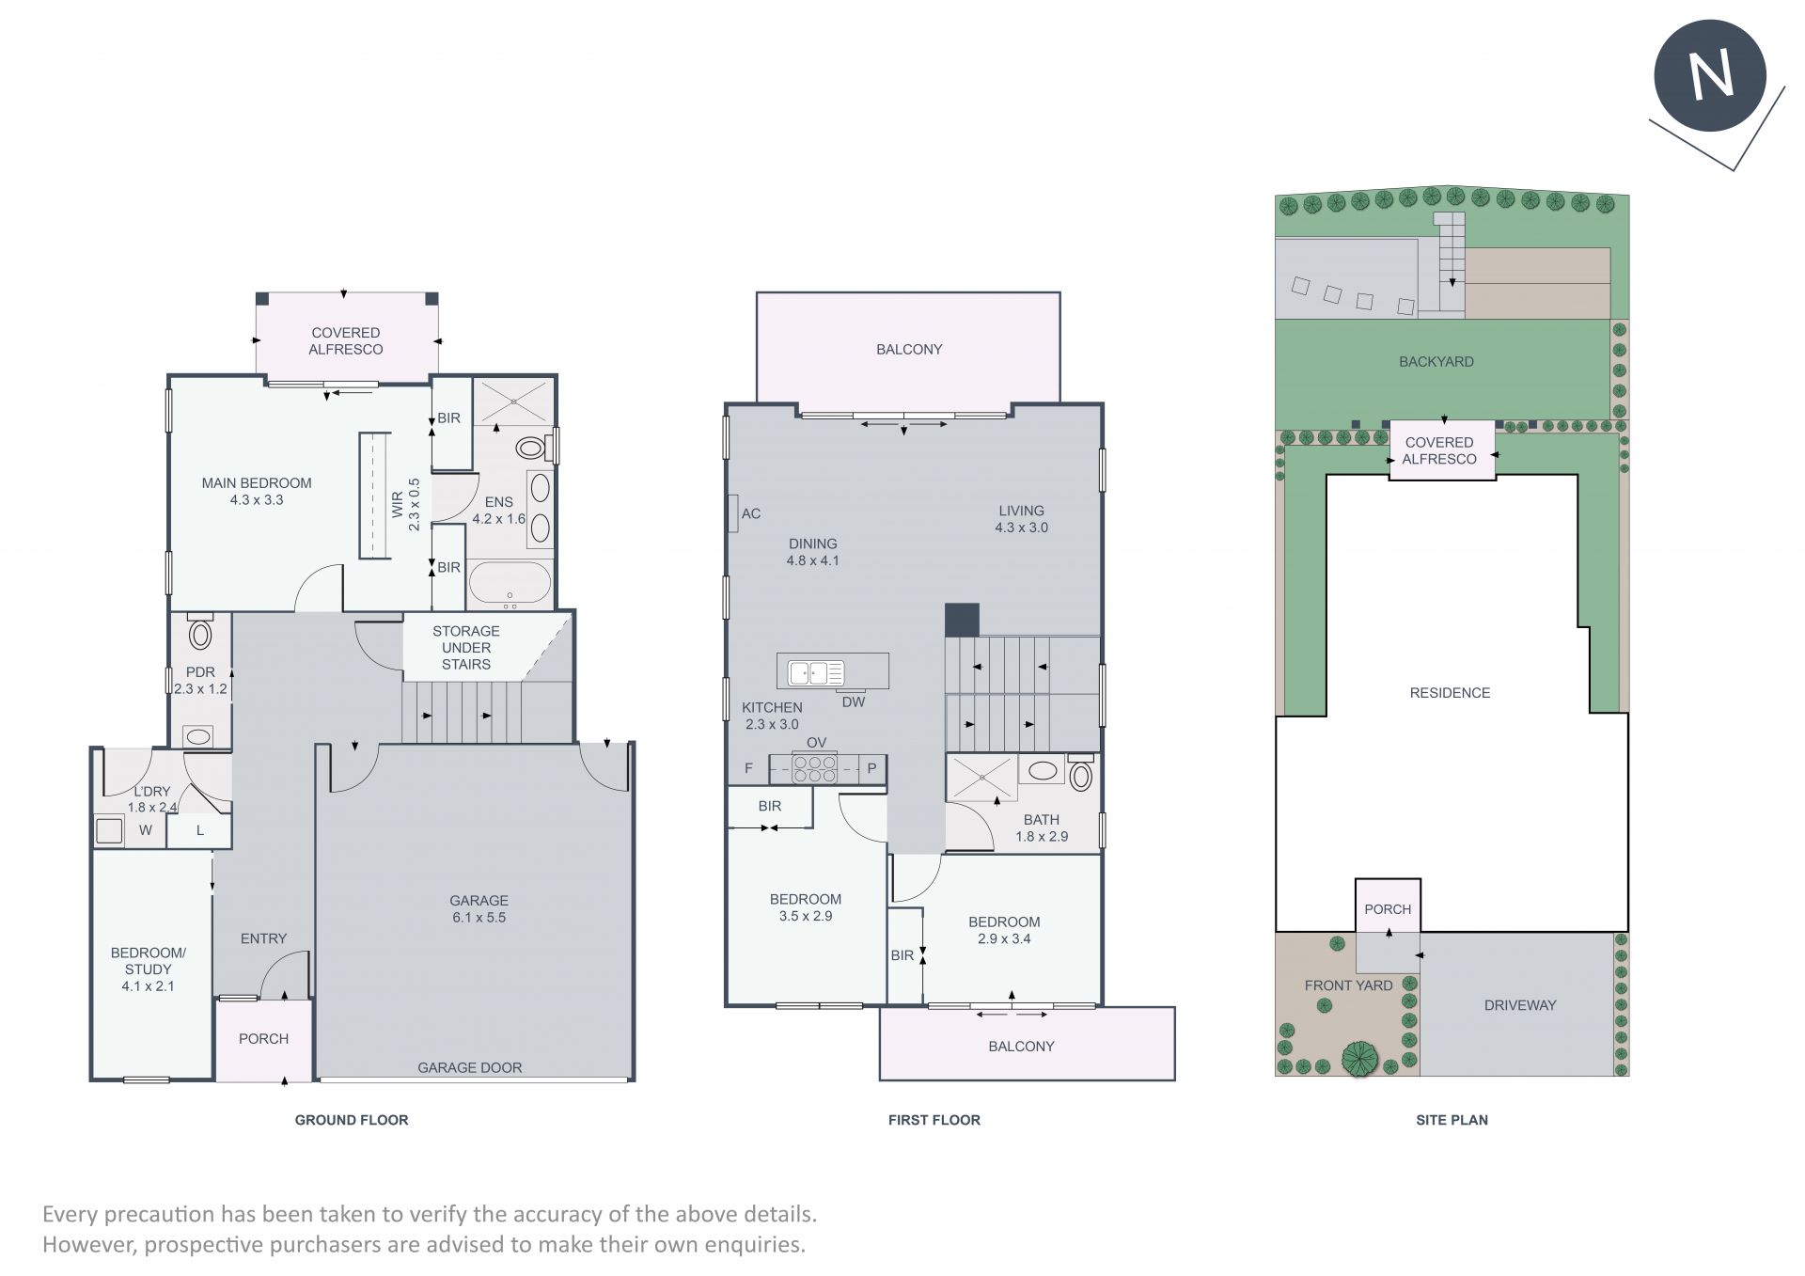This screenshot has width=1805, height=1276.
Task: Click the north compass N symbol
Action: pyautogui.click(x=1710, y=75)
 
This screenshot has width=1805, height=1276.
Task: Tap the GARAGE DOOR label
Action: pyautogui.click(x=469, y=1067)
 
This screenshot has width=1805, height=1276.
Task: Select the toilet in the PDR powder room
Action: pyautogui.click(x=200, y=632)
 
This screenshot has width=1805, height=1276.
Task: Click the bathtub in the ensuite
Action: pyautogui.click(x=510, y=583)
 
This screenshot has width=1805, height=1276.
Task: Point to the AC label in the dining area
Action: pyautogui.click(x=751, y=513)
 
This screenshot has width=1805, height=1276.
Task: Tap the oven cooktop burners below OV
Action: pyautogui.click(x=815, y=768)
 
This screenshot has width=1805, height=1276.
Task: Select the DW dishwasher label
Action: pyautogui.click(x=854, y=701)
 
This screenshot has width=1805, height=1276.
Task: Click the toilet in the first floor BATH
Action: pyautogui.click(x=1081, y=773)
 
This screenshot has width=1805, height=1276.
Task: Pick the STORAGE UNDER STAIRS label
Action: pyautogui.click(x=466, y=648)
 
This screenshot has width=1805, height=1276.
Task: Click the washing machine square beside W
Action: pyautogui.click(x=108, y=830)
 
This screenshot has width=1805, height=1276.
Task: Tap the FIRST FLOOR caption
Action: pyautogui.click(x=934, y=1120)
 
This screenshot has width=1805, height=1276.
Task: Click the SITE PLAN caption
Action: pyautogui.click(x=1452, y=1120)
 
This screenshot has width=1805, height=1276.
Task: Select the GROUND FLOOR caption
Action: pyautogui.click(x=352, y=1120)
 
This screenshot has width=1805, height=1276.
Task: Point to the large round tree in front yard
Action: pyautogui.click(x=1359, y=1058)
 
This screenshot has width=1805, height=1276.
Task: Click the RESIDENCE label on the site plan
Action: pyautogui.click(x=1450, y=693)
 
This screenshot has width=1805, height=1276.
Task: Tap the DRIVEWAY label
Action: pyautogui.click(x=1520, y=1005)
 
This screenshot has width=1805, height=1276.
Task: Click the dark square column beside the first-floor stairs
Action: pyautogui.click(x=962, y=620)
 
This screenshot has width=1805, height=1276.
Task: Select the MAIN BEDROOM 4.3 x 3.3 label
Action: pyautogui.click(x=257, y=491)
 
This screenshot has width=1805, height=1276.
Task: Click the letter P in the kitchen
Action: pyautogui.click(x=871, y=768)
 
